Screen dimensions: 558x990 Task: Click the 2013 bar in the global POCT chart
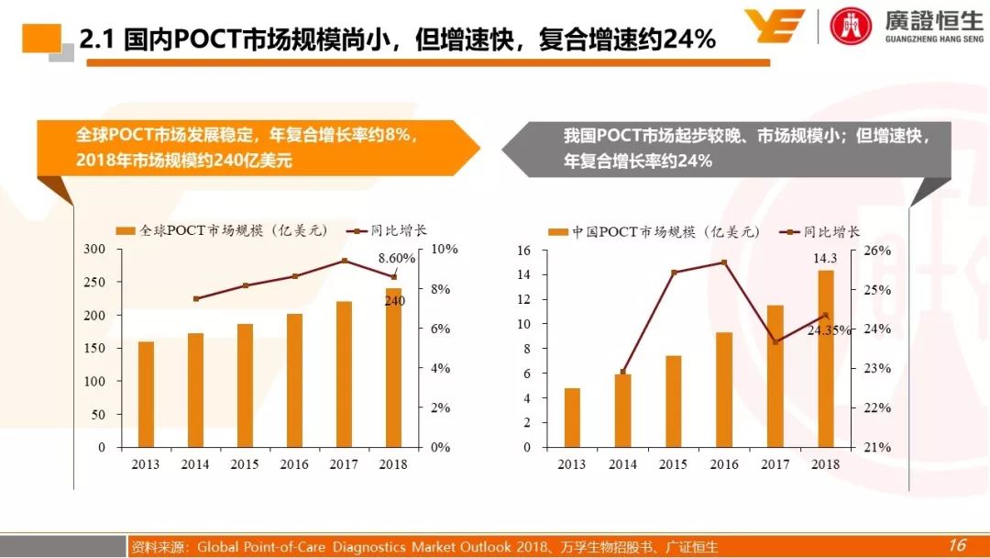coord(146,394)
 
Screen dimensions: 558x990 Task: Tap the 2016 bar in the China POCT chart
coord(724,389)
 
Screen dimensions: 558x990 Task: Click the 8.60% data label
coord(397,259)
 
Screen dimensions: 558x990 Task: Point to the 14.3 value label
coord(825,260)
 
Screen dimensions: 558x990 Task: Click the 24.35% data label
coord(829,330)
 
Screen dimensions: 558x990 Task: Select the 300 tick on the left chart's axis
coord(95,249)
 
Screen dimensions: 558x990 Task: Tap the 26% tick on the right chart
coord(877,251)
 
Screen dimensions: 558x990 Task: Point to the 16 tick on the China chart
coord(524,251)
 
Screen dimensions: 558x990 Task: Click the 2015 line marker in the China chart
coord(674,273)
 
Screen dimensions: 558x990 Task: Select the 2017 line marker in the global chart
coord(345,261)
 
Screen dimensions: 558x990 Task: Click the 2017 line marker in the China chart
coord(775,341)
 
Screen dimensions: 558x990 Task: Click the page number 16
coord(957,545)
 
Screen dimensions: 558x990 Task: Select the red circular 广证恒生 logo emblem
coord(852,26)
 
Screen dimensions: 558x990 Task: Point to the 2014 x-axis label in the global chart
coord(195,464)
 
